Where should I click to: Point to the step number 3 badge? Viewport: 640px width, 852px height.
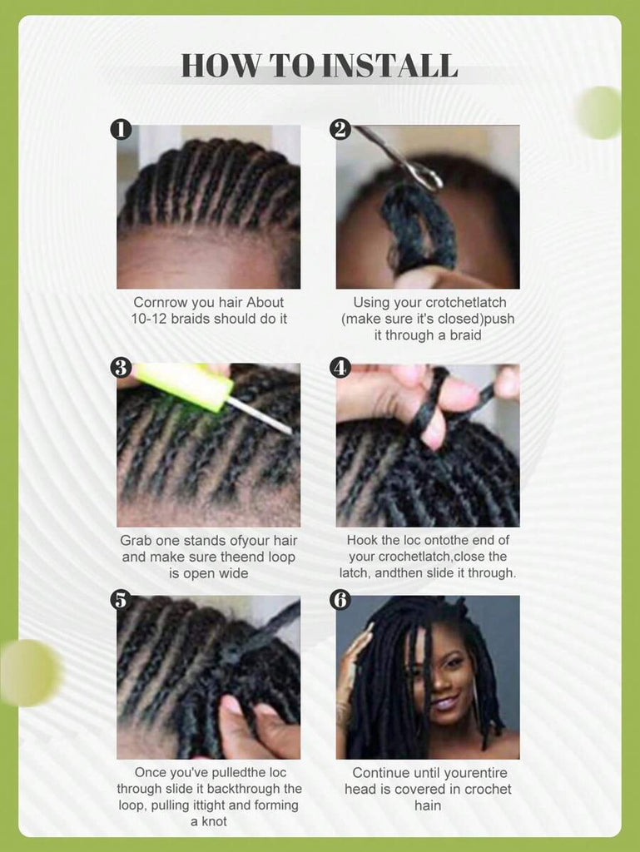[x=122, y=368]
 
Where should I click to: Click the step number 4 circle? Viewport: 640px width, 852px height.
[x=340, y=368]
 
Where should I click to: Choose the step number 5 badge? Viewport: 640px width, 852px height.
[x=122, y=601]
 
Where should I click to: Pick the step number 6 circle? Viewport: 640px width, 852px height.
[x=340, y=601]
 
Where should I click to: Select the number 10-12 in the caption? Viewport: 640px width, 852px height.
[x=150, y=319]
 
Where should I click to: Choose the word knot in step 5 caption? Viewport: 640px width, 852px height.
[x=214, y=821]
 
